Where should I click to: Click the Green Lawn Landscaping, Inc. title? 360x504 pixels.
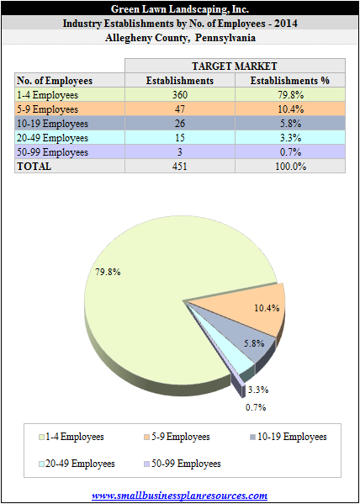[180, 9]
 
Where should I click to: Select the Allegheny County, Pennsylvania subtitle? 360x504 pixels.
[180, 38]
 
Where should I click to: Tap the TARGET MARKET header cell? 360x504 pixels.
[235, 66]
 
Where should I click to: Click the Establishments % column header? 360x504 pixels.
[290, 81]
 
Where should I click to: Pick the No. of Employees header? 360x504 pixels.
[55, 81]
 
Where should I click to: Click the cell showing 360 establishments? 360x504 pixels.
[180, 95]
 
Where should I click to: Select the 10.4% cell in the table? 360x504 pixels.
[290, 109]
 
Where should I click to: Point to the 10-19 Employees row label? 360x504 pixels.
[52, 124]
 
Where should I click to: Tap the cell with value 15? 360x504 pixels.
[180, 138]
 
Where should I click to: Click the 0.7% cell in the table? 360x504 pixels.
[290, 152]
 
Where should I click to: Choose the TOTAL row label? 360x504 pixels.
[34, 167]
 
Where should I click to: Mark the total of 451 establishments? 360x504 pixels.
[180, 167]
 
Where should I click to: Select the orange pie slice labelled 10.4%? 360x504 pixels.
[257, 309]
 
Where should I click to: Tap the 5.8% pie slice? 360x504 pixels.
[247, 341]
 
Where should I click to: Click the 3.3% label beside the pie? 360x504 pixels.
[258, 390]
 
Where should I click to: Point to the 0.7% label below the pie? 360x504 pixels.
[256, 407]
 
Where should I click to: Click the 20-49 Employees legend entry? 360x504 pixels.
[77, 464]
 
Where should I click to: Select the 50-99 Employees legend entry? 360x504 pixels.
[183, 464]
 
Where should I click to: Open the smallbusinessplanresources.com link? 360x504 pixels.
[180, 495]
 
